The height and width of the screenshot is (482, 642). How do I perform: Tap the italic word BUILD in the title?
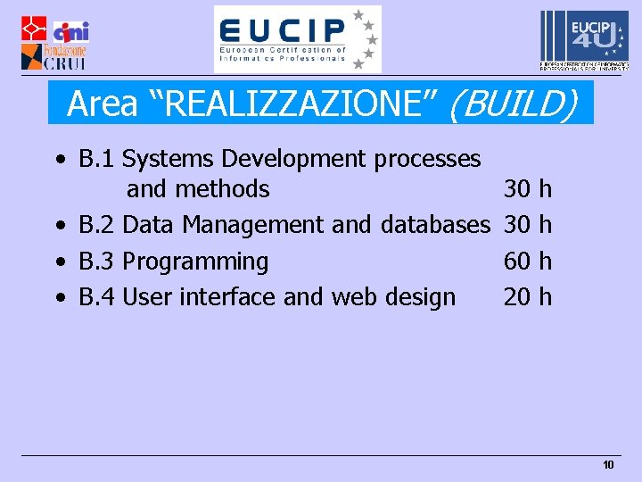coord(511,104)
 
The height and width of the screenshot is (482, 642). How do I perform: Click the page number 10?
coord(608,465)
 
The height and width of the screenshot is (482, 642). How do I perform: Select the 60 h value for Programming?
coord(528,262)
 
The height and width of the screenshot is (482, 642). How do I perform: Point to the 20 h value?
coord(528,297)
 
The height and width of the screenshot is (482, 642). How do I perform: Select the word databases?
coord(435,226)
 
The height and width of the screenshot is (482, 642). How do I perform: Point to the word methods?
coord(222,189)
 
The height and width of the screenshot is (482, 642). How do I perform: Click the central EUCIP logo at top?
coord(297,39)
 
